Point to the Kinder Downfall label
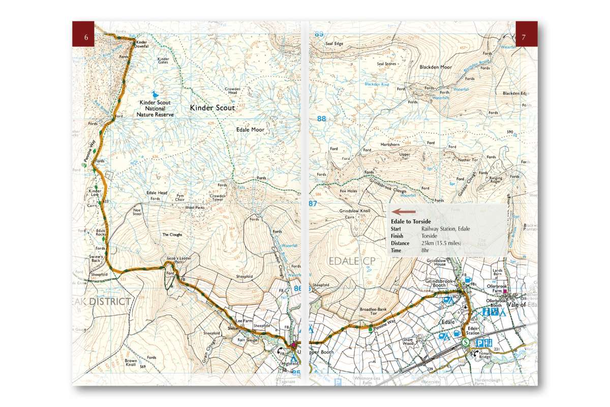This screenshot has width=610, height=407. click(x=142, y=44)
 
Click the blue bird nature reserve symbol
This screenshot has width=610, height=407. click(x=155, y=95)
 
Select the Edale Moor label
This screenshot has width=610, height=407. click(x=250, y=130)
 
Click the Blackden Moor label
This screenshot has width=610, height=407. click(x=436, y=67)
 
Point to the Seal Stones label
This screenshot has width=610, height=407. click(x=386, y=64)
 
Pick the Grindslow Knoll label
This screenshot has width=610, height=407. click(x=355, y=210)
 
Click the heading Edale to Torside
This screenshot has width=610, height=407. click(x=411, y=222)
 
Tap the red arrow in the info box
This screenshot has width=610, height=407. click(x=405, y=211)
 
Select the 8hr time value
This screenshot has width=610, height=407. click(x=425, y=250)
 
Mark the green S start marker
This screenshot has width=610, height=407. click(x=466, y=342)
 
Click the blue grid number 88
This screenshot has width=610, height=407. click(x=321, y=119)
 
